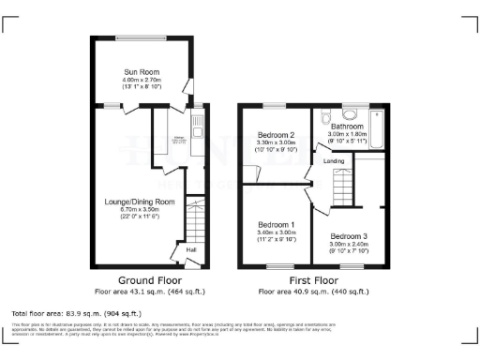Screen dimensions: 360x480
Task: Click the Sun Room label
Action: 143,71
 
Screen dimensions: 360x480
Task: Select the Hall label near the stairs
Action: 190,250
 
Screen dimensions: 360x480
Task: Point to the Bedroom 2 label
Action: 277,135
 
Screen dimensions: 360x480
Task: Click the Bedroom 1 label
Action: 277,225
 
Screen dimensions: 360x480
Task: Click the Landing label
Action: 334,161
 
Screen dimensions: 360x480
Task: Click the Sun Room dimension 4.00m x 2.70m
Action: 143,81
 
